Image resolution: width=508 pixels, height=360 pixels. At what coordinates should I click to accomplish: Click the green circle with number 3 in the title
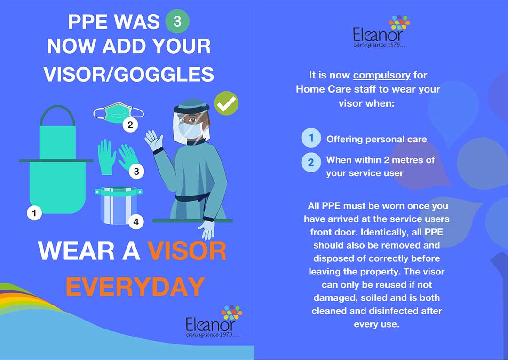pyautogui.click(x=177, y=21)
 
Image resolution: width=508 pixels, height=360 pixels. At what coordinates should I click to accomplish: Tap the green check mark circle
pyautogui.click(x=226, y=103)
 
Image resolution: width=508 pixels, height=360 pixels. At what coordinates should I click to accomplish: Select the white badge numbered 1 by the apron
pyautogui.click(x=34, y=213)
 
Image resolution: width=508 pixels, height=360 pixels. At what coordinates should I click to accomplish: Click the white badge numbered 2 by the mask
pyautogui.click(x=130, y=125)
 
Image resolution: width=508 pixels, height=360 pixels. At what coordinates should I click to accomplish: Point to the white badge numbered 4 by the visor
pyautogui.click(x=136, y=222)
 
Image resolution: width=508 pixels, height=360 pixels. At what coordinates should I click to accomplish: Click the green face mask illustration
pyautogui.click(x=118, y=113)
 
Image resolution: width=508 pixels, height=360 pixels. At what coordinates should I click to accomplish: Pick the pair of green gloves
pyautogui.click(x=118, y=157)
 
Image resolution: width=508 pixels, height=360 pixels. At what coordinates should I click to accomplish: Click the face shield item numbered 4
pyautogui.click(x=118, y=205)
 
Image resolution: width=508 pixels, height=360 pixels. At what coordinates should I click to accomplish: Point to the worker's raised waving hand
pyautogui.click(x=154, y=140)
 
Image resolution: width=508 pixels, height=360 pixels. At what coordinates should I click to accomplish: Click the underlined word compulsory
pyautogui.click(x=381, y=76)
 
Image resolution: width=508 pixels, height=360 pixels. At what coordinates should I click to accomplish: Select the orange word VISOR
pyautogui.click(x=187, y=251)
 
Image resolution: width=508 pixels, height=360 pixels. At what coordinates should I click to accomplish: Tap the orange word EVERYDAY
pyautogui.click(x=135, y=287)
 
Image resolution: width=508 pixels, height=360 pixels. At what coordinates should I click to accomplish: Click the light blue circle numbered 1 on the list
pyautogui.click(x=311, y=138)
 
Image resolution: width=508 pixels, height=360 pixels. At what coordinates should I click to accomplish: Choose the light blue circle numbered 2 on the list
pyautogui.click(x=311, y=162)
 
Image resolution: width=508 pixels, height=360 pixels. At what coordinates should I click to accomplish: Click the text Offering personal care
pyautogui.click(x=376, y=139)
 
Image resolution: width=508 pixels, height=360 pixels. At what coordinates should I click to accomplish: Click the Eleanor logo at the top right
pyautogui.click(x=381, y=32)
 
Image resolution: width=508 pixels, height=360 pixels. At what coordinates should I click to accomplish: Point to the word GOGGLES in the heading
pyautogui.click(x=165, y=74)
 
